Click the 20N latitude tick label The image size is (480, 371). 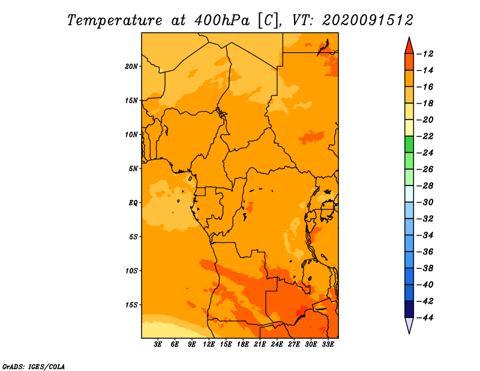click(x=131, y=66)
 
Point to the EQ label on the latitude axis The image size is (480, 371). click(x=133, y=203)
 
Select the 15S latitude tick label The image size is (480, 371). click(x=131, y=305)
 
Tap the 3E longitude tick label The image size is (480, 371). click(x=158, y=344)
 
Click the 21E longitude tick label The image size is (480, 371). click(x=260, y=344)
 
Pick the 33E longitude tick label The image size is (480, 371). click(x=328, y=344)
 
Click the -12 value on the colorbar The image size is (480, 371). click(x=425, y=54)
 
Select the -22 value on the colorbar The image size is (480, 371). click(x=425, y=136)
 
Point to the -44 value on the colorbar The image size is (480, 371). click(x=425, y=318)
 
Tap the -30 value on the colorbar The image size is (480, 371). click(x=425, y=202)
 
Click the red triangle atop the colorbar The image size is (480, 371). click(x=409, y=47)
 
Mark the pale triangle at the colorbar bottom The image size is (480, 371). click(x=409, y=325)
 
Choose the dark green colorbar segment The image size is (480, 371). click(x=409, y=145)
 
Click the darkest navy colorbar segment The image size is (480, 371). click(x=409, y=309)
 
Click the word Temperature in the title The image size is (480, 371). click(x=115, y=20)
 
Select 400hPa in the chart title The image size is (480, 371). click(x=221, y=20)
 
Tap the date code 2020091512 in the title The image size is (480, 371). click(x=368, y=20)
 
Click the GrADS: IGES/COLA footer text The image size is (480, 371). click(x=34, y=367)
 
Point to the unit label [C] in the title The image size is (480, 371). click(x=269, y=21)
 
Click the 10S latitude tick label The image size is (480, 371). click(x=131, y=271)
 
